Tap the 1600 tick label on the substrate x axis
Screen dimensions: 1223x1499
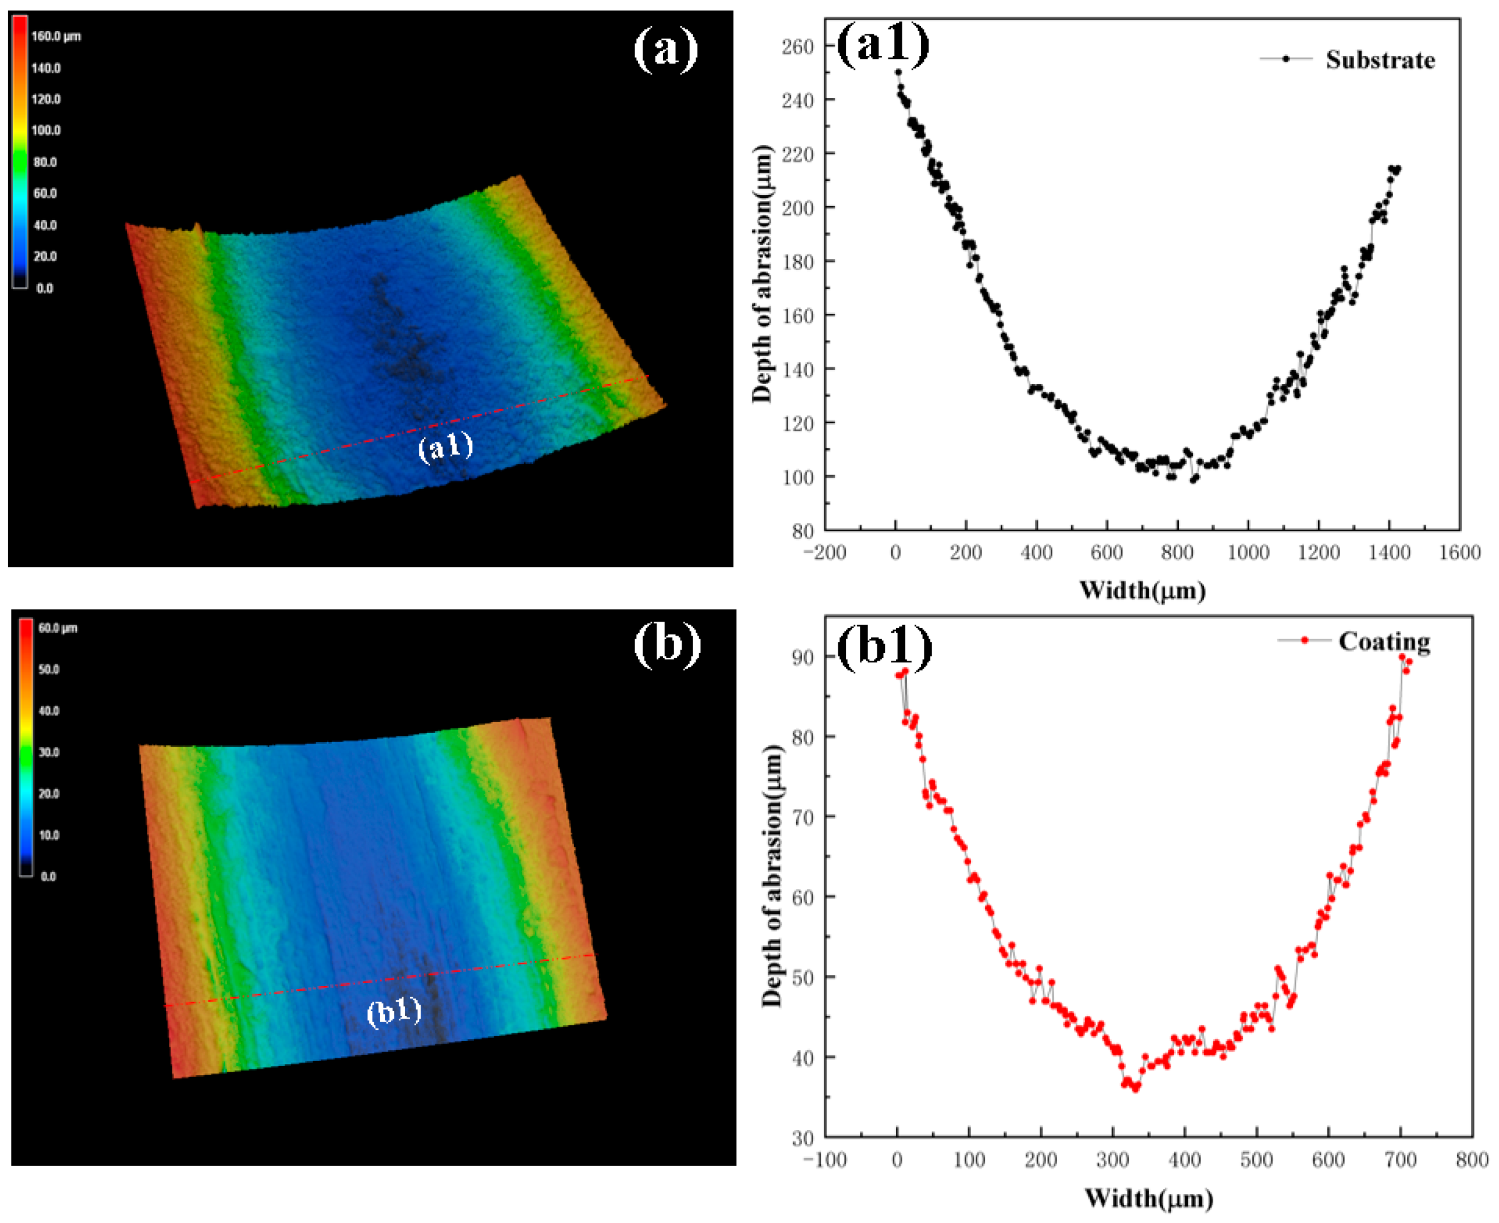pyautogui.click(x=1459, y=553)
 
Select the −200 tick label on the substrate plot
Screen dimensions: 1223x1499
pyautogui.click(x=824, y=553)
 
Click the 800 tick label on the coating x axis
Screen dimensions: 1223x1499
pyautogui.click(x=1472, y=1160)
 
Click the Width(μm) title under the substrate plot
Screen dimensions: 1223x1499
pyautogui.click(x=1142, y=590)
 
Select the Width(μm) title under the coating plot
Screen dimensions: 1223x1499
pyautogui.click(x=1148, y=1197)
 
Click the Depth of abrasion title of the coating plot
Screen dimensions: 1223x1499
pyautogui.click(x=772, y=875)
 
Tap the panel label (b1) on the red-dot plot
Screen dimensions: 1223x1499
pyautogui.click(x=885, y=646)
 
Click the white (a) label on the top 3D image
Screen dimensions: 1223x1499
pyautogui.click(x=666, y=51)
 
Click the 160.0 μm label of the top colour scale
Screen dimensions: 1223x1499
pyautogui.click(x=56, y=37)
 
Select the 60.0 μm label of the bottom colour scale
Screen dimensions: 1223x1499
pyautogui.click(x=58, y=628)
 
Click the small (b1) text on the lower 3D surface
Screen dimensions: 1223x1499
pyautogui.click(x=394, y=1012)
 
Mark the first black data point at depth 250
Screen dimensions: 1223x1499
pyautogui.click(x=898, y=72)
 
